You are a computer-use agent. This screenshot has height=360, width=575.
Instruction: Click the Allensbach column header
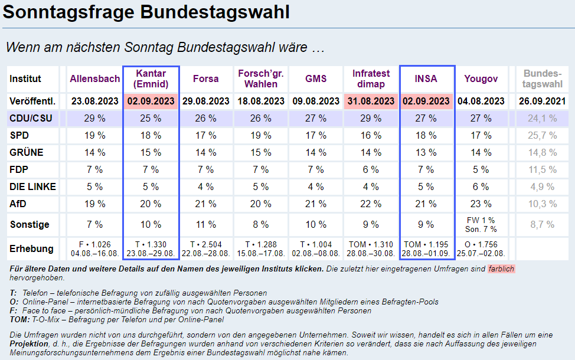point(94,78)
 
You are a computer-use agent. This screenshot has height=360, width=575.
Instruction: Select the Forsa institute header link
point(205,78)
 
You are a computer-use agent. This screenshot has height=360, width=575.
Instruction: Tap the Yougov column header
point(481,78)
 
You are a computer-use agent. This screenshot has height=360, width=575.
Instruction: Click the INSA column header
point(427,78)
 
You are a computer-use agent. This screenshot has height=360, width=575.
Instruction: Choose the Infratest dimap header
point(371,78)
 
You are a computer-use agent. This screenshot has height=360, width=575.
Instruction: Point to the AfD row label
point(18,204)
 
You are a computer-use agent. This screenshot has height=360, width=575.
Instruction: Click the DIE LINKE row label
point(32,187)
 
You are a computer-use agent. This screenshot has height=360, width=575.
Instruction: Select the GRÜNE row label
point(27,152)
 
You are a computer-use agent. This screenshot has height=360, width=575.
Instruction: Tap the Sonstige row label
point(30,225)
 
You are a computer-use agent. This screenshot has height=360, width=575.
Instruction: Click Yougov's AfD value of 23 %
point(481,204)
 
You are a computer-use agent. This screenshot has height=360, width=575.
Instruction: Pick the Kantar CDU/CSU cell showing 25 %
point(151,118)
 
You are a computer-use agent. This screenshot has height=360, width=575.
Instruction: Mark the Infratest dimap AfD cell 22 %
point(371,204)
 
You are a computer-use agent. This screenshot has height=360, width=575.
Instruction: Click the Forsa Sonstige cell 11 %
point(205,225)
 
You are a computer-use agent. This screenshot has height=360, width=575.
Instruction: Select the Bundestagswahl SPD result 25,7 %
point(541,135)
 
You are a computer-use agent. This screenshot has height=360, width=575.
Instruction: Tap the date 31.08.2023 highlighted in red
point(371,101)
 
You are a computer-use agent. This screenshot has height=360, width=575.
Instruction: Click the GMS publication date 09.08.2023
point(316,101)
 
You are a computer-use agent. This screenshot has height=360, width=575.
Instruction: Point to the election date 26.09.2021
point(541,101)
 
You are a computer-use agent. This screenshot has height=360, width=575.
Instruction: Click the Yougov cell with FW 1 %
point(481,220)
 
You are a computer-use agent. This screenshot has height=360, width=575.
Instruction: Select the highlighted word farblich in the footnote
point(501,269)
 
